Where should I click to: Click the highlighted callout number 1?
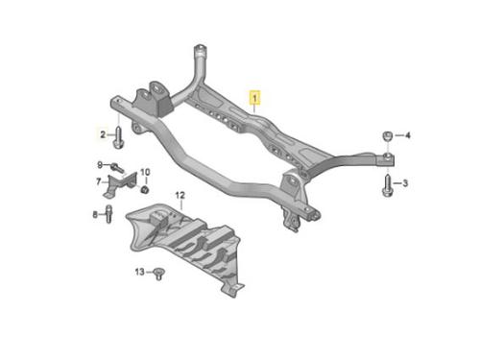pos(254,98)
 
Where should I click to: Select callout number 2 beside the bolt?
pos(103,134)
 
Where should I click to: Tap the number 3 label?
pos(405,183)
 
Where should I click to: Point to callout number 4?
pos(408,135)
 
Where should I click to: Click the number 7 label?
pos(99,181)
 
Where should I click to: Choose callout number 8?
pos(95,214)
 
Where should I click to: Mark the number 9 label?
pos(100,165)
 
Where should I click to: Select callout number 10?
pos(145,172)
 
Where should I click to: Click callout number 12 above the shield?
pos(180,195)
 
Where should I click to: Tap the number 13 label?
pos(140,272)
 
